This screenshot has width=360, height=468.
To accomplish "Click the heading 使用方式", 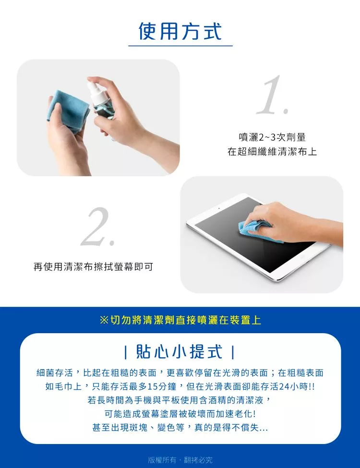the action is click(180, 31).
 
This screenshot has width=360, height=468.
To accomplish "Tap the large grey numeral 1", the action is click(273, 95).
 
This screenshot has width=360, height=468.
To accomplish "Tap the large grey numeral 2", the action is click(98, 227).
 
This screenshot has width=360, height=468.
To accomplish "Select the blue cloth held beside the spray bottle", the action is click(68, 111).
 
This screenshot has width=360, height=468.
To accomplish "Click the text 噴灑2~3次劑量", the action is click(272, 137).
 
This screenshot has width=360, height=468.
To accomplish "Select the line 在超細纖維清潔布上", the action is click(272, 152).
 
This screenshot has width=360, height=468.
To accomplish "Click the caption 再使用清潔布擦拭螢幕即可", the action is click(93, 266).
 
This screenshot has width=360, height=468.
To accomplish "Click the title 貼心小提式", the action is click(179, 351).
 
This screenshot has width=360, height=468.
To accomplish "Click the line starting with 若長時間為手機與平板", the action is click(179, 400).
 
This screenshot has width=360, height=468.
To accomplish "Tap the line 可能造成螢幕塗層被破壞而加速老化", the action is click(180, 414).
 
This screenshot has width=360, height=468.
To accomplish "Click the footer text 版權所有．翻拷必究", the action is click(180, 460).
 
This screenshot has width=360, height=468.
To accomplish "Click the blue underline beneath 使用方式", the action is click(180, 46).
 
